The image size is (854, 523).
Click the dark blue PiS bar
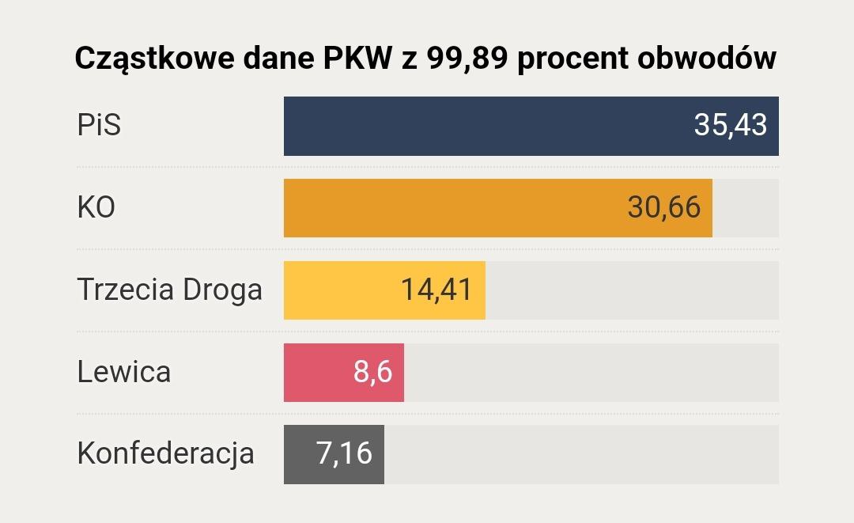click(474, 126)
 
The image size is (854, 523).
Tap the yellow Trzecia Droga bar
click(340, 290)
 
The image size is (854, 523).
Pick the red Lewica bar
click(316, 372)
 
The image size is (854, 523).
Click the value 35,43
click(730, 126)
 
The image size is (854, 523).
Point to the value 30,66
click(663, 208)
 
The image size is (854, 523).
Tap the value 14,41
click(436, 290)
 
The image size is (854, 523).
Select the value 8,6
click(372, 372)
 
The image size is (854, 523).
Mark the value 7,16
click(344, 454)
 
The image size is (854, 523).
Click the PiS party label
click(99, 126)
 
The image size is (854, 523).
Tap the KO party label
click(96, 208)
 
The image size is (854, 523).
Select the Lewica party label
click(123, 372)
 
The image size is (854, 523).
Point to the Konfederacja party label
click(165, 454)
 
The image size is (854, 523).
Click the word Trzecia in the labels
click(126, 290)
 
